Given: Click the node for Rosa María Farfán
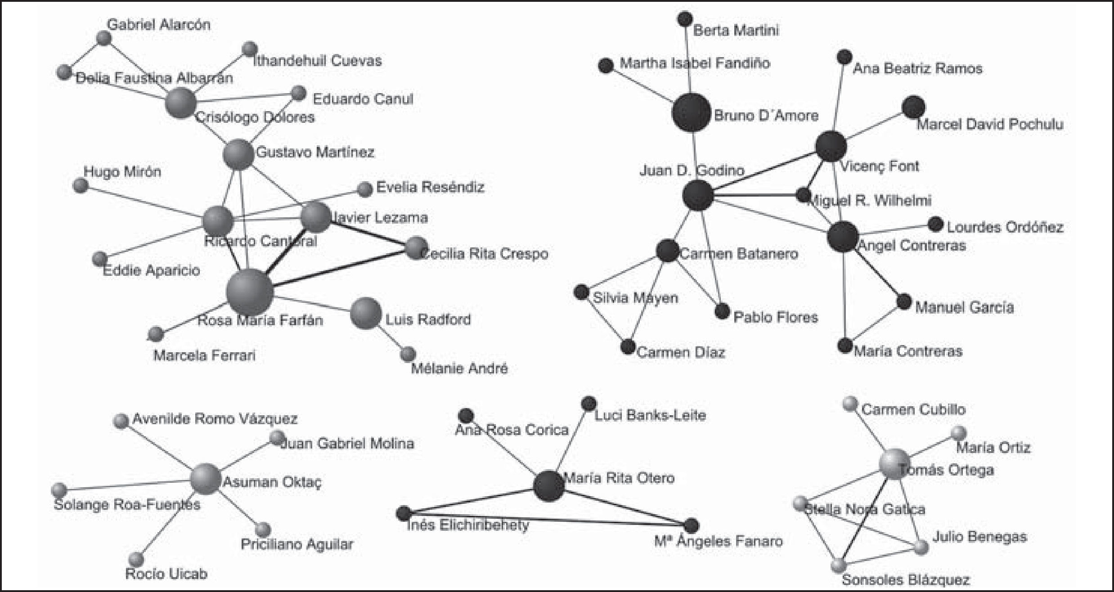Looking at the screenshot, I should [x=250, y=292].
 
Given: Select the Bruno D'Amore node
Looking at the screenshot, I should [x=691, y=112].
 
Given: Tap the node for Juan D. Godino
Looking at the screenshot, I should [x=698, y=195].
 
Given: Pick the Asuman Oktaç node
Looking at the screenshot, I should [x=205, y=479].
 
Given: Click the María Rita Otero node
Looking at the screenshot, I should [x=549, y=486].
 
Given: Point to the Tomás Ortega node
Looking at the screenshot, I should [x=894, y=463].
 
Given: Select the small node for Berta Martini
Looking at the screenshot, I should [x=685, y=19].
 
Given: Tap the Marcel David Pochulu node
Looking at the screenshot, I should [x=913, y=108].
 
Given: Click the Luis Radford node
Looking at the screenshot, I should [x=366, y=313].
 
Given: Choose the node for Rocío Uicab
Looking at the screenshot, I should [x=136, y=559].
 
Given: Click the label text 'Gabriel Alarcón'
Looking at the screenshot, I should [x=159, y=24].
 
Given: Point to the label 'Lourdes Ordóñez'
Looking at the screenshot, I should [x=1005, y=227].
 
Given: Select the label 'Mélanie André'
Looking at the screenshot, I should [x=459, y=368].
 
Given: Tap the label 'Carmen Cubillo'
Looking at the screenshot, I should [x=913, y=409].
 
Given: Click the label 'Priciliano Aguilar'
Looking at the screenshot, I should [x=297, y=544].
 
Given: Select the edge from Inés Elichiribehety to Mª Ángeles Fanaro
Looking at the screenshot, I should [x=547, y=519].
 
